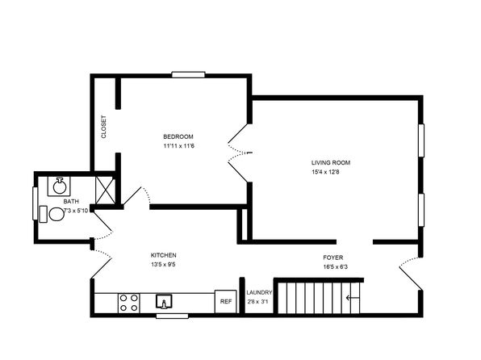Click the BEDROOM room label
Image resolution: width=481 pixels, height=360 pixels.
point(178,136)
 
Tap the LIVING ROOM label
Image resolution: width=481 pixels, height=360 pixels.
point(331,163)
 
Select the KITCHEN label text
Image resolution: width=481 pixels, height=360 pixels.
point(164,255)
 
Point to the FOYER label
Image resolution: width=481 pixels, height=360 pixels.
point(333,257)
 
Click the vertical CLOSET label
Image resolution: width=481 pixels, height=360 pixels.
point(103,127)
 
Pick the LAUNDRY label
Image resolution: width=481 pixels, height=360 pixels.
point(259,292)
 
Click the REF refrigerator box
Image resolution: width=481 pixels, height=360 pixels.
point(225,301)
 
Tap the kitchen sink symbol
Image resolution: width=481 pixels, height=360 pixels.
point(164,301)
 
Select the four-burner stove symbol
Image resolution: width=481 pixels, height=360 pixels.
point(129,303)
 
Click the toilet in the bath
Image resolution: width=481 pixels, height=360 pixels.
point(52,214)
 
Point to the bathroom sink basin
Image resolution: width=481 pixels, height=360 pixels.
point(59,186)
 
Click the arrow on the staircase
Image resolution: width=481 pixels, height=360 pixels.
point(353,298)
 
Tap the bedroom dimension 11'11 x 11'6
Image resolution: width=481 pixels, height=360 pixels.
point(179,146)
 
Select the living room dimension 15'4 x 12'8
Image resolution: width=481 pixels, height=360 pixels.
point(325,172)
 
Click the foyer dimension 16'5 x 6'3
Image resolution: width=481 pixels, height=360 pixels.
point(335,266)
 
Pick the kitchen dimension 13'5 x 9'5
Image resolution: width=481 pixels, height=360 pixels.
point(163,264)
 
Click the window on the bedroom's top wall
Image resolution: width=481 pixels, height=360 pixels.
point(188,74)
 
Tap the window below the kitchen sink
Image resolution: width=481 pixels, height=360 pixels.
point(172,316)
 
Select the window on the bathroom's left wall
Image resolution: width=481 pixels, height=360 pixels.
point(35,203)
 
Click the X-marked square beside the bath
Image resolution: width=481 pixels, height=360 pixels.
point(105,190)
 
